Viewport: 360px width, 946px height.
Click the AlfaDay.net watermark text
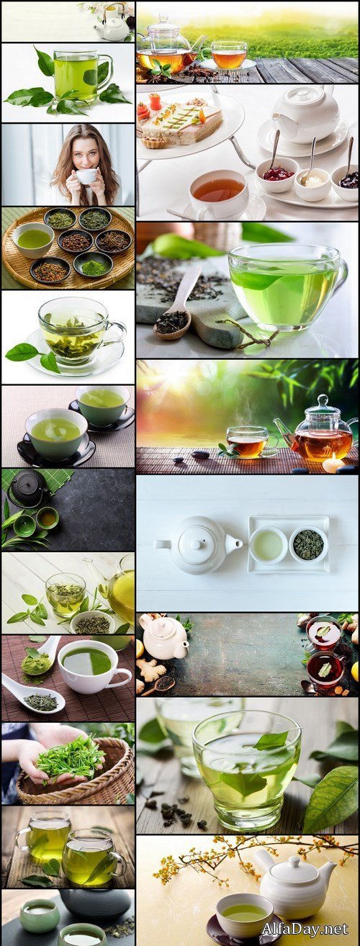[x=304, y=929]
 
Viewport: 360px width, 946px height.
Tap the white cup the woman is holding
[x=86, y=176]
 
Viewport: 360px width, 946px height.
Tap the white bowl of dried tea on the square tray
[x=308, y=544]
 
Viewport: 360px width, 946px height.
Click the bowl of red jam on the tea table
[x=277, y=174]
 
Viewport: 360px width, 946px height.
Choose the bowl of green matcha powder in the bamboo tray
[x=93, y=268]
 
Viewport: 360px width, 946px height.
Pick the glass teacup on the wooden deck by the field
[x=229, y=55]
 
